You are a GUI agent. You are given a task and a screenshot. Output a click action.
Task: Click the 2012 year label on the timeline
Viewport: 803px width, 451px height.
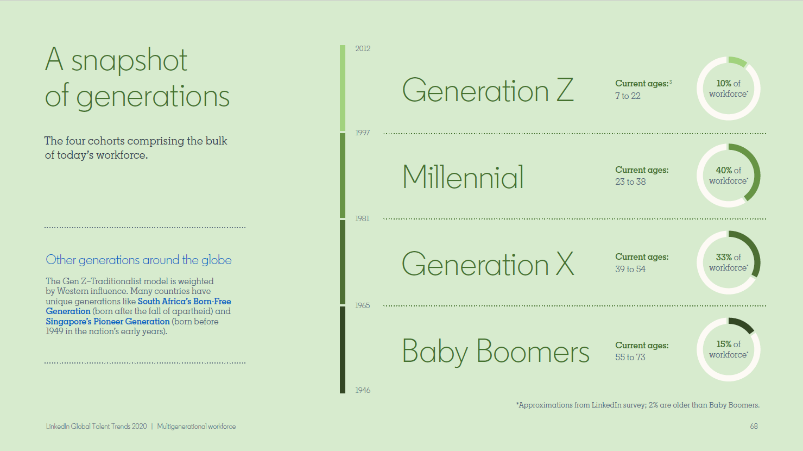(363, 48)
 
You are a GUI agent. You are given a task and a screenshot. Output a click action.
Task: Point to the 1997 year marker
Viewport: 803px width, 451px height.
(362, 133)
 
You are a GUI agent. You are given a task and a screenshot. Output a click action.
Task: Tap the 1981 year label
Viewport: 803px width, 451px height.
(362, 218)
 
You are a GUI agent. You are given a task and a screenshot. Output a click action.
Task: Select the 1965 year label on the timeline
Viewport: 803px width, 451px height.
(362, 305)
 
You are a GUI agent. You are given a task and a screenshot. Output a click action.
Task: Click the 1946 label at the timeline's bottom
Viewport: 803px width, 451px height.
(363, 390)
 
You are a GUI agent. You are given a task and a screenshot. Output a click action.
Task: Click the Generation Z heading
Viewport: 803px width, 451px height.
(488, 90)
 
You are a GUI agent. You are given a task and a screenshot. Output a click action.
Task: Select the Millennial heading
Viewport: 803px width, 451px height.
(463, 177)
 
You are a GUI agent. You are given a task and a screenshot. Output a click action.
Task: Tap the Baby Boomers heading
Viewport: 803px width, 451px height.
(495, 352)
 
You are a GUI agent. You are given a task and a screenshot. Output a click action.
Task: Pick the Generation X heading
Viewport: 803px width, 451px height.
(488, 264)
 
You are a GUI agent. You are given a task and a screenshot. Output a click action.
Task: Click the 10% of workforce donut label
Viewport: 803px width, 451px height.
(729, 89)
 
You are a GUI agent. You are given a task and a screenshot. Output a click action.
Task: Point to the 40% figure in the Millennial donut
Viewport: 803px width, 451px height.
(724, 170)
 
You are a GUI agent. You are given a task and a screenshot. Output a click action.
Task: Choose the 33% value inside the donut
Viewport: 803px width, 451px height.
(724, 257)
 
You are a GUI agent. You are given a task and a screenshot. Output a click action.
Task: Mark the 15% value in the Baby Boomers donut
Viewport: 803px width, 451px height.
(724, 344)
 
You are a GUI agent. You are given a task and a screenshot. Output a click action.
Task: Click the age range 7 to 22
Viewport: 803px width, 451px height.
(628, 96)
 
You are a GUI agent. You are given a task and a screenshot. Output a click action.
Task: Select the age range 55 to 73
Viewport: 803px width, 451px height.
(630, 357)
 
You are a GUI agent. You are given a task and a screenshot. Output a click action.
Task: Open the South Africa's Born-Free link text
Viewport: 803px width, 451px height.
(184, 301)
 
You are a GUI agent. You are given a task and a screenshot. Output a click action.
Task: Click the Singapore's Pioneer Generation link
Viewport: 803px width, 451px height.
(108, 322)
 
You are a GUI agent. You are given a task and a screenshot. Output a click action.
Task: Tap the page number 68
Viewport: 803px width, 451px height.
(754, 426)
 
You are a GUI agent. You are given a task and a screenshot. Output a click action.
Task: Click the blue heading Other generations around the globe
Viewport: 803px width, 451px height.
(138, 260)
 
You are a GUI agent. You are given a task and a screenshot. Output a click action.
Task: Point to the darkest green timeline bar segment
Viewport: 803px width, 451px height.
(343, 350)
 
